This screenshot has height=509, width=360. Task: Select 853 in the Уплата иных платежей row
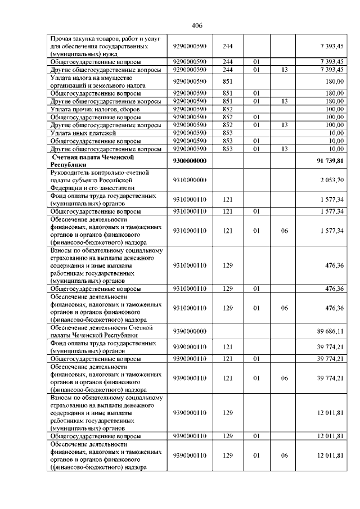(x=228, y=133)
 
